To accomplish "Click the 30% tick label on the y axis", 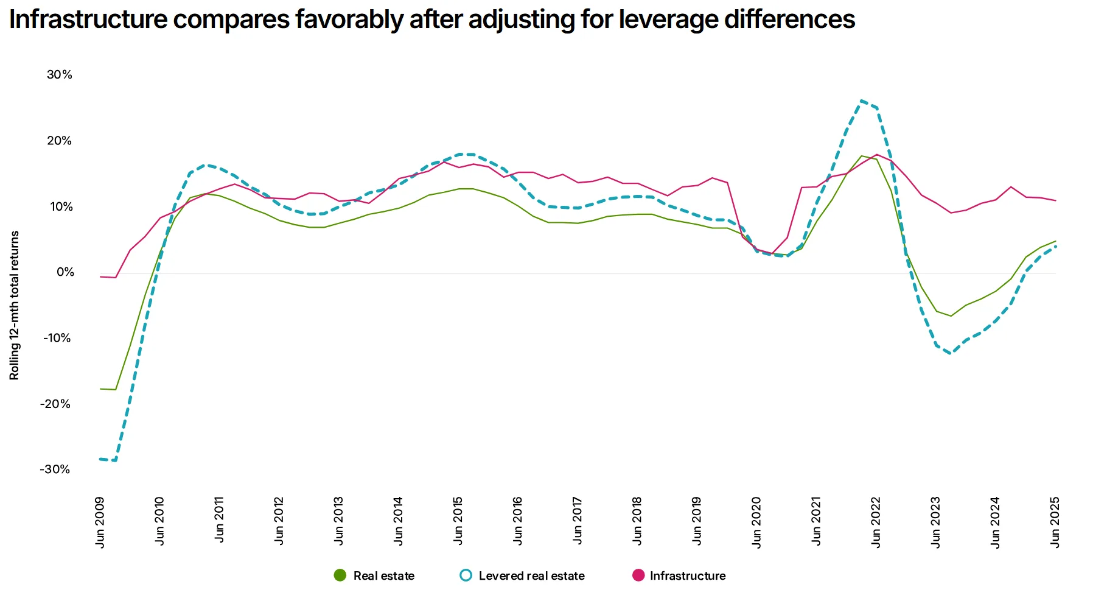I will [x=59, y=75].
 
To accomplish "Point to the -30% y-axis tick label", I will [x=55, y=470].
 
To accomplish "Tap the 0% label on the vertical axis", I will [x=65, y=272].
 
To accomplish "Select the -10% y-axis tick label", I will [x=57, y=338].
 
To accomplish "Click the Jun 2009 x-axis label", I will [x=100, y=522].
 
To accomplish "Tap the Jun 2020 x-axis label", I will [x=756, y=522].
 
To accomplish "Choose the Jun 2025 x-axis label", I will [x=1055, y=522].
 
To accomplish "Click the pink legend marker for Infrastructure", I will [x=638, y=575].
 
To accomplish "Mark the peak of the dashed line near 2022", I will [x=861, y=101].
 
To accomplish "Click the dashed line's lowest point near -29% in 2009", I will [x=114, y=460].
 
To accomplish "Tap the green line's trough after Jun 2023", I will [x=951, y=316].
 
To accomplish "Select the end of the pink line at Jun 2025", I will [x=1055, y=200].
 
